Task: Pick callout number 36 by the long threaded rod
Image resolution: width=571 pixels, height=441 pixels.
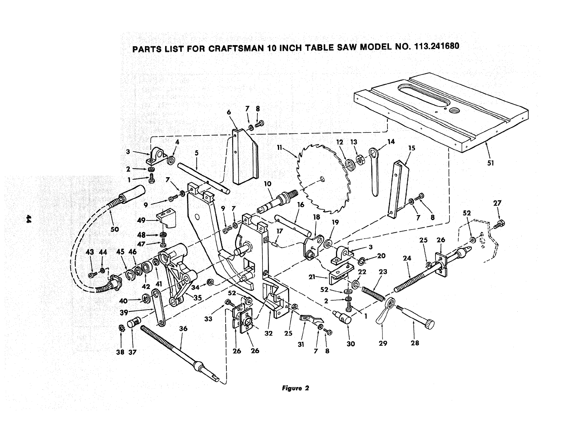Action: tap(183, 329)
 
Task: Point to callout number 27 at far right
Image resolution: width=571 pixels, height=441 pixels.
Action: tap(497, 203)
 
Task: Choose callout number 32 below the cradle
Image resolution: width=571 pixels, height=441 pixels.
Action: tap(269, 333)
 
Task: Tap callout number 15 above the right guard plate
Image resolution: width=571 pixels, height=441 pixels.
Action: tap(412, 148)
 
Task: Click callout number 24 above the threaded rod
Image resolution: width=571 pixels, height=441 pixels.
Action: tap(407, 258)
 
